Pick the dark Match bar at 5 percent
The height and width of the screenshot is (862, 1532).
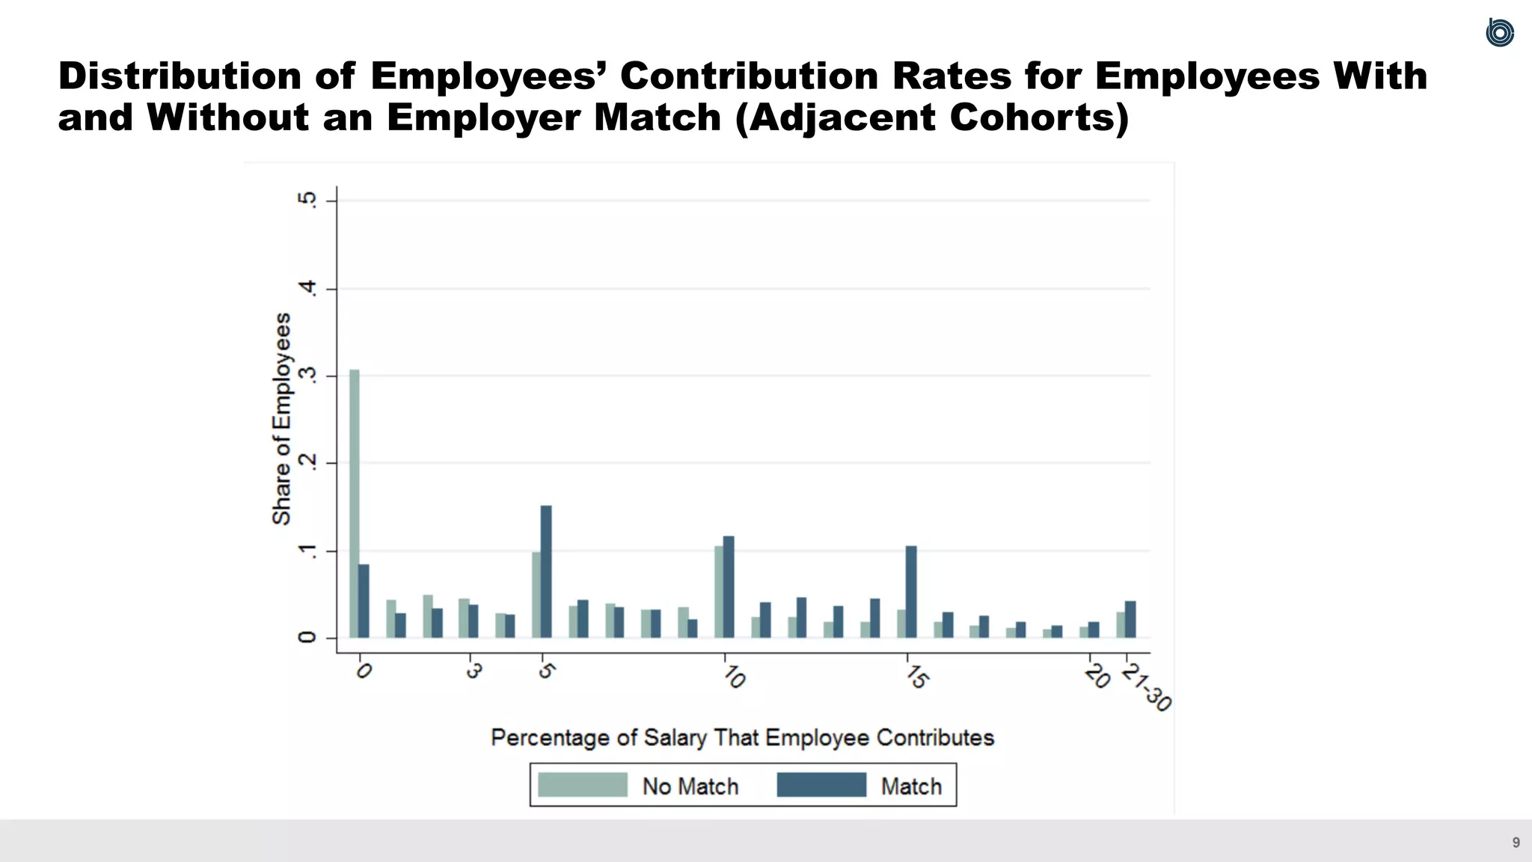tap(546, 572)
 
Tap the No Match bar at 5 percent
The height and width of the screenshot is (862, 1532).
tap(536, 595)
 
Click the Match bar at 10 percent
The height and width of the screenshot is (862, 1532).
tap(729, 587)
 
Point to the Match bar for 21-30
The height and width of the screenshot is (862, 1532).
tap(1130, 619)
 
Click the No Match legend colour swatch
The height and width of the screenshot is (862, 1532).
tap(582, 785)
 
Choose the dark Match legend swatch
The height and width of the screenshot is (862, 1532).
tap(821, 785)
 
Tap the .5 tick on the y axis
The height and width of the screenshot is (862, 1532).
tap(307, 200)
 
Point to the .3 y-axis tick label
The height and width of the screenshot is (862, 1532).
tap(307, 376)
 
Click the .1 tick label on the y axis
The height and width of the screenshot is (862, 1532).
tap(307, 551)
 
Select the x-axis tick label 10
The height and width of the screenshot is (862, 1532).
tap(734, 677)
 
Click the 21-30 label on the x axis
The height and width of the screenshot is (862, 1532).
tap(1146, 687)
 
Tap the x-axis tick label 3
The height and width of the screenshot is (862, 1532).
tap(473, 671)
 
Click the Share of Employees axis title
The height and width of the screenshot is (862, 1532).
tap(281, 419)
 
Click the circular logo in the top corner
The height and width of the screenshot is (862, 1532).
tap(1499, 32)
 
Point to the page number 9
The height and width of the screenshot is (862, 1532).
tap(1516, 843)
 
